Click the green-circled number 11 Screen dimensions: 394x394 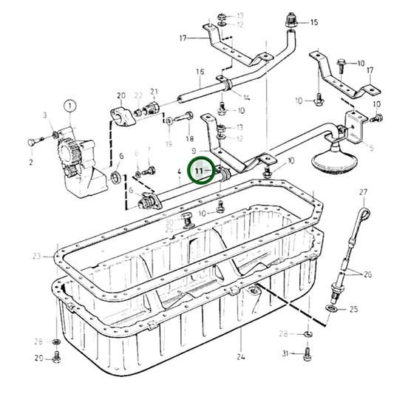pos(199,171)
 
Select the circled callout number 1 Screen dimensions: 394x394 pos(69,108)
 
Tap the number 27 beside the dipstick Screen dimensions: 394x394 pos(363,193)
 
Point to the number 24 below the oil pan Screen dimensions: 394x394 pos(240,357)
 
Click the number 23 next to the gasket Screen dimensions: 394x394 pos(38,257)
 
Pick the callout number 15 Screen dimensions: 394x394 pos(313,23)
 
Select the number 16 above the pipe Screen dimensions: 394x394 pos(199,72)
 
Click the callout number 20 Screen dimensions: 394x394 pos(121,95)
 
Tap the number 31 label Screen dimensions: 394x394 pos(286,355)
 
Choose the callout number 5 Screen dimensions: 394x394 pos(371,148)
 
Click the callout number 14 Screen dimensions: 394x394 pos(246,98)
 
